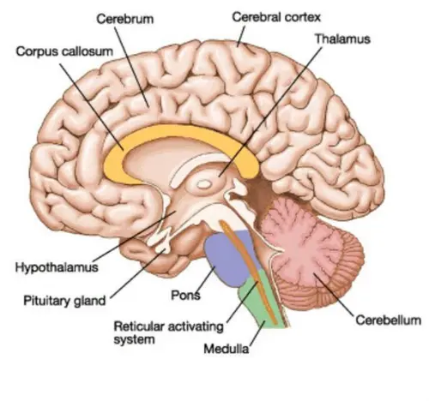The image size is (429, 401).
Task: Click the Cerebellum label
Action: (x=388, y=320)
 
